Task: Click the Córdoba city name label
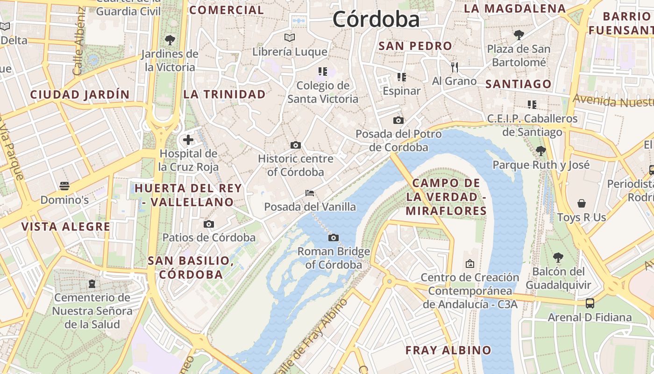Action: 376,20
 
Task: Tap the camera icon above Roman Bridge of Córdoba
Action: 333,237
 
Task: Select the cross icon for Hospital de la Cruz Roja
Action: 188,139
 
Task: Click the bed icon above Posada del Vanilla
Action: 309,193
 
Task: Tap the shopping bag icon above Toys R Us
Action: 582,203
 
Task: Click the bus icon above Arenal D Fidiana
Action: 590,303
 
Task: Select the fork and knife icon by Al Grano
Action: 454,67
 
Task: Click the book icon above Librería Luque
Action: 290,37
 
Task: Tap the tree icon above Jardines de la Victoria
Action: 170,40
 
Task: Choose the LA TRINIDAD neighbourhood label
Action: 224,94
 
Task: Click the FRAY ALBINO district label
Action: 448,350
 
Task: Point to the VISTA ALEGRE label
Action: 66,227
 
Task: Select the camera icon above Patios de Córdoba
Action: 209,224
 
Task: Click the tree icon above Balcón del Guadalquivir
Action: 558,257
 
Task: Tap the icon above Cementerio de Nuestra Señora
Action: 92,283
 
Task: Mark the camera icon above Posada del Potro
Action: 398,121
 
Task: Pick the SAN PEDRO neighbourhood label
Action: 415,46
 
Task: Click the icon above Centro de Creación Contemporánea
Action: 470,264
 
